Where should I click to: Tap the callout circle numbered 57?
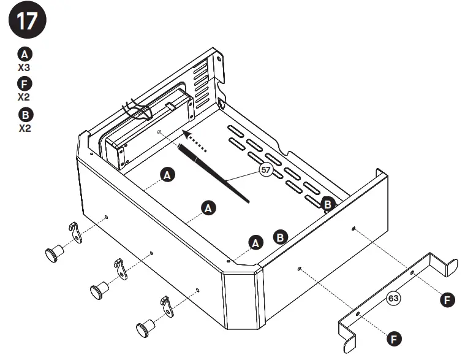pyautogui.click(x=266, y=170)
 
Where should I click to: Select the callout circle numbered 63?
pyautogui.click(x=393, y=299)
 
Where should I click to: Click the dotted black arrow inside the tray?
pyautogui.click(x=195, y=140)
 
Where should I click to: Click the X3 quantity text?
pyautogui.click(x=24, y=67)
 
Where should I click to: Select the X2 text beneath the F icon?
pyautogui.click(x=24, y=97)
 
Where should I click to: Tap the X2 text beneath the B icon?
pyautogui.click(x=24, y=128)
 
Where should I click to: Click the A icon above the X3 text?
pyautogui.click(x=25, y=54)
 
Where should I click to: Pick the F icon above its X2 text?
pyautogui.click(x=25, y=85)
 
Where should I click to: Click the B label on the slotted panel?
pyautogui.click(x=328, y=205)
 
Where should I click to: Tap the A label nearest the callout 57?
pyautogui.click(x=167, y=175)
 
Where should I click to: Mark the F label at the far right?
pyautogui.click(x=448, y=299)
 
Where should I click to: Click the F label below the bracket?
pyautogui.click(x=395, y=338)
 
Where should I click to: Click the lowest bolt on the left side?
pyautogui.click(x=145, y=328)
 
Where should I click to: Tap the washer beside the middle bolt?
pyautogui.click(x=120, y=267)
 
